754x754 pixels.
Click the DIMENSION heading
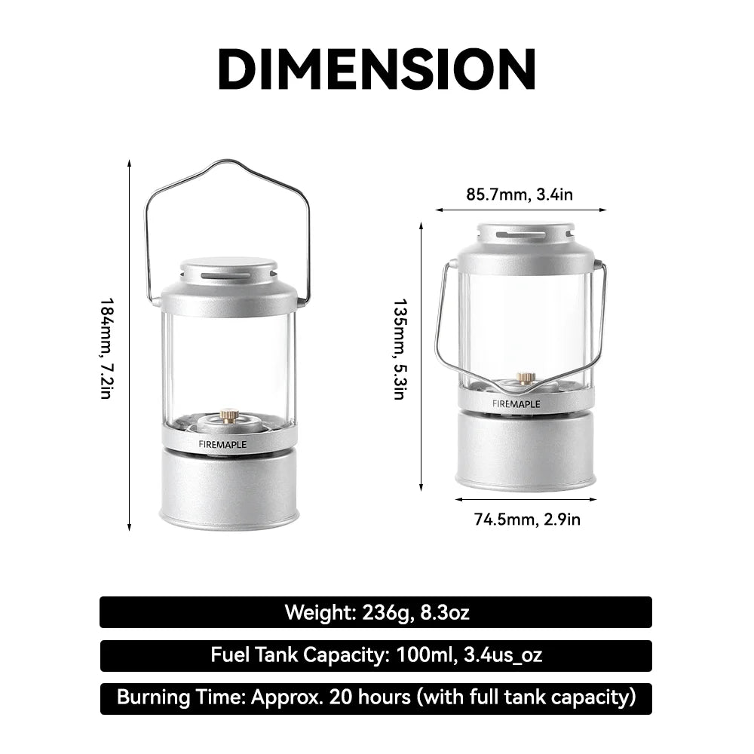[376, 69]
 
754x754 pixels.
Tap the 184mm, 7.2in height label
[106, 348]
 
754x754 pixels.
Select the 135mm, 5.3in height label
[400, 349]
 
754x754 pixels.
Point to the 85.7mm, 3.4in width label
[520, 195]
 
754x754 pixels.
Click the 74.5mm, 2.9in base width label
[527, 519]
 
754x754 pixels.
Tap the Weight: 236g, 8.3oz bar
[376, 612]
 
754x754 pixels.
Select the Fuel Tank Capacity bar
[376, 655]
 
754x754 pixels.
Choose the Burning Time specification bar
[376, 698]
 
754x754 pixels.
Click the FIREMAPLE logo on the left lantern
[222, 444]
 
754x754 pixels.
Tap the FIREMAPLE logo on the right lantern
[516, 403]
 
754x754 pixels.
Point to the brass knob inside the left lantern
[228, 415]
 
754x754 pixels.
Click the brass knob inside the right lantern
[526, 377]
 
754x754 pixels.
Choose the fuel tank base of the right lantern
[526, 451]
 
